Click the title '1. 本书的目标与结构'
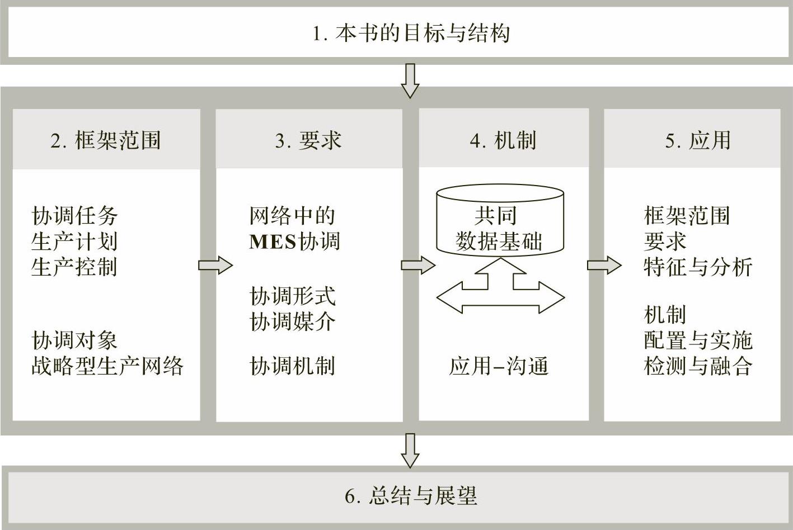[411, 34]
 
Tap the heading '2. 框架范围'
[106, 140]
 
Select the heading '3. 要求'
[308, 140]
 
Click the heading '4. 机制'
[503, 140]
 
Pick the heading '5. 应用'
[697, 140]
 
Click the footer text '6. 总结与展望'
[411, 496]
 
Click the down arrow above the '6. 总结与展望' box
[410, 450]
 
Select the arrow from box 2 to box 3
[215, 265]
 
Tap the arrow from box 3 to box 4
[418, 265]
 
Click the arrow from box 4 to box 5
[604, 265]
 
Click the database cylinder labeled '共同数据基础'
[500, 221]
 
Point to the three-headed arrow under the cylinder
[500, 291]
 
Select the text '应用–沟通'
[499, 367]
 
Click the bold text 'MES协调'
[294, 242]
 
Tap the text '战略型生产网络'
[107, 366]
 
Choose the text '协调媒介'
[293, 321]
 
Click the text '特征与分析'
[698, 267]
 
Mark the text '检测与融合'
[698, 366]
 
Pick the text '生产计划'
[74, 242]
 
